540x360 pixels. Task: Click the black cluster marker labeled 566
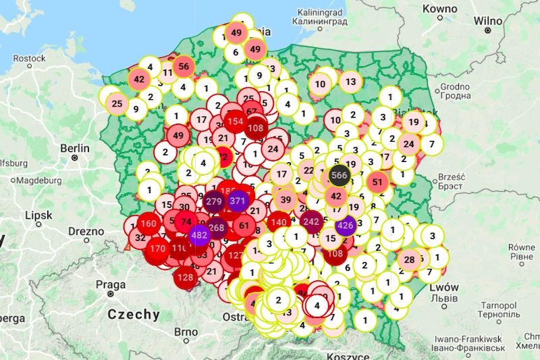coord(339,176)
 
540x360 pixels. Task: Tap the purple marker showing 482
coord(199,236)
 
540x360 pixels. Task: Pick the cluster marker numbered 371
coord(238,201)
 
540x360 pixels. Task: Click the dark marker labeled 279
coord(214,202)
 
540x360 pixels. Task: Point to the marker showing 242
coord(312,222)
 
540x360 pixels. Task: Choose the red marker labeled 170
coord(158,249)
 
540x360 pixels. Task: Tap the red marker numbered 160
coord(149,224)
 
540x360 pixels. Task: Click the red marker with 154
coord(235,121)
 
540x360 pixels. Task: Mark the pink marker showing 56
coord(184,66)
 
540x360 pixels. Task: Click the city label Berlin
coord(74,148)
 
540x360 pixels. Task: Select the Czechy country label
coord(134,314)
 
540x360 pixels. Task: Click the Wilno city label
coord(487,20)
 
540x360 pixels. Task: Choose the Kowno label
coord(439,9)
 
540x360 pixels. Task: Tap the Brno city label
coord(186,332)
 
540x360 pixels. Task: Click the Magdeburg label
coord(39,180)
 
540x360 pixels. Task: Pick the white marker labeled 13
coord(350,82)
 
